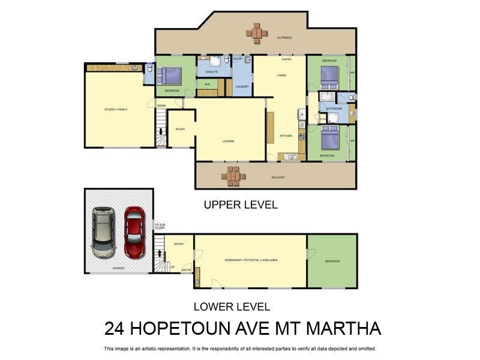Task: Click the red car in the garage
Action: tap(134, 232)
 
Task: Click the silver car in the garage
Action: tap(104, 232)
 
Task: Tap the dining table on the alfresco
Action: tap(257, 32)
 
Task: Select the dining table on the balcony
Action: tap(233, 176)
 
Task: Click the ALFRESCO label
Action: tap(284, 38)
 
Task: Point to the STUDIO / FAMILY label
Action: tap(116, 109)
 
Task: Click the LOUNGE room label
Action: tap(228, 141)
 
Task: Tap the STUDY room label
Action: tap(180, 129)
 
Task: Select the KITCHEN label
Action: tap(286, 136)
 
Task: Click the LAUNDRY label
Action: tap(242, 86)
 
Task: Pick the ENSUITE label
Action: tap(211, 72)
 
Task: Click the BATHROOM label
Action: tap(334, 109)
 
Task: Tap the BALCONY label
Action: tap(277, 177)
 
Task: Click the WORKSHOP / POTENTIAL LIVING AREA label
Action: tap(251, 260)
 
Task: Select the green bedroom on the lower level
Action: tap(332, 261)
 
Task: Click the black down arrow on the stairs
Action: tap(161, 132)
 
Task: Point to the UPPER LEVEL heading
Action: tap(241, 205)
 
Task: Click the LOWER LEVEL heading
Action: tap(232, 307)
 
